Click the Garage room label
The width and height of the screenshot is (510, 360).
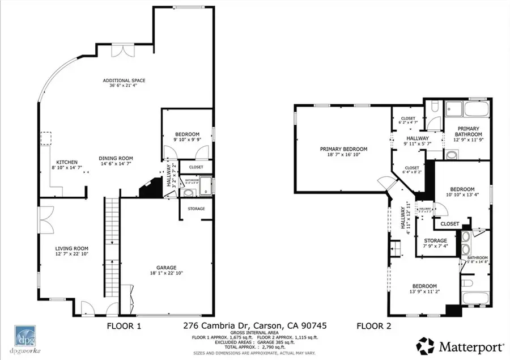(x=167, y=268)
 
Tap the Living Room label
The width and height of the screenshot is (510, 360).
(x=71, y=248)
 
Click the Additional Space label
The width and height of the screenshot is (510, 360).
(x=120, y=81)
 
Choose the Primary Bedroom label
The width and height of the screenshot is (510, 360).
(x=343, y=149)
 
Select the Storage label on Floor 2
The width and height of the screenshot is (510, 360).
(x=435, y=240)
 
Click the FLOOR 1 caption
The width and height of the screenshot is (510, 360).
(x=124, y=326)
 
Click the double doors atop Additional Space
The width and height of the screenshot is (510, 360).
(x=120, y=50)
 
